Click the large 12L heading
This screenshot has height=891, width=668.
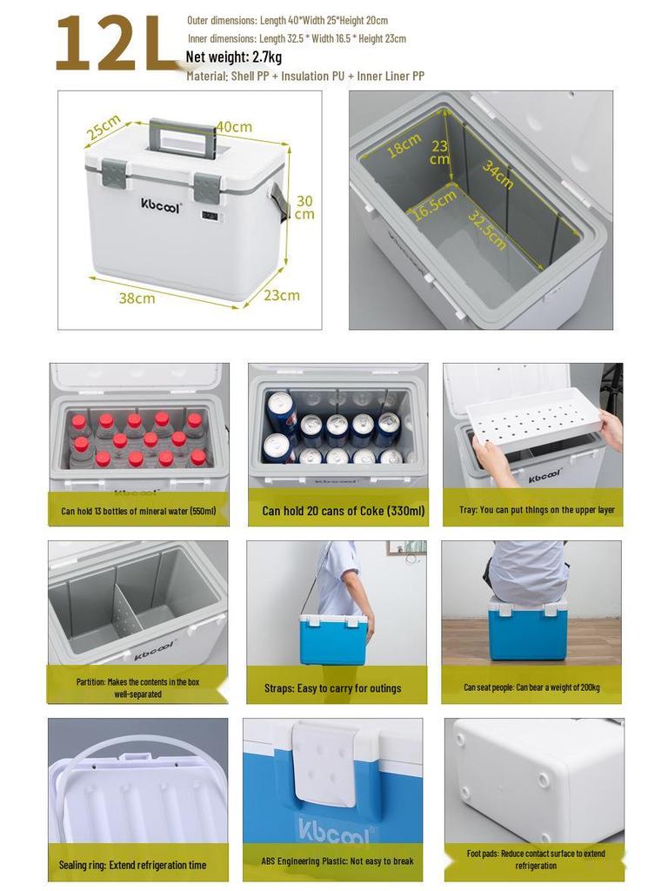click(117, 44)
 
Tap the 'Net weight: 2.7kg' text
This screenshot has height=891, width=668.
click(234, 57)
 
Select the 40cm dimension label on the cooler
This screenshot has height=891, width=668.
click(234, 127)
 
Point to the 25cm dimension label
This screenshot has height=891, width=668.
click(104, 128)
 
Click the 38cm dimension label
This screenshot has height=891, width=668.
click(137, 298)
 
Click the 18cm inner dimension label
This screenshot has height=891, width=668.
click(404, 144)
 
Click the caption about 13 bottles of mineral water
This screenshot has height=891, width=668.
click(138, 511)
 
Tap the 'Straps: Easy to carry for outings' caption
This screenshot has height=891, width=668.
click(333, 688)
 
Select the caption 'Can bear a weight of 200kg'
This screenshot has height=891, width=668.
click(531, 687)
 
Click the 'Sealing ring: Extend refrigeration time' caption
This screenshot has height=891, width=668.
click(132, 865)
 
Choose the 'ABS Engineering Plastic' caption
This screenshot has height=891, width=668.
click(337, 861)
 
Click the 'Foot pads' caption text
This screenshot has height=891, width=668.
click(535, 860)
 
